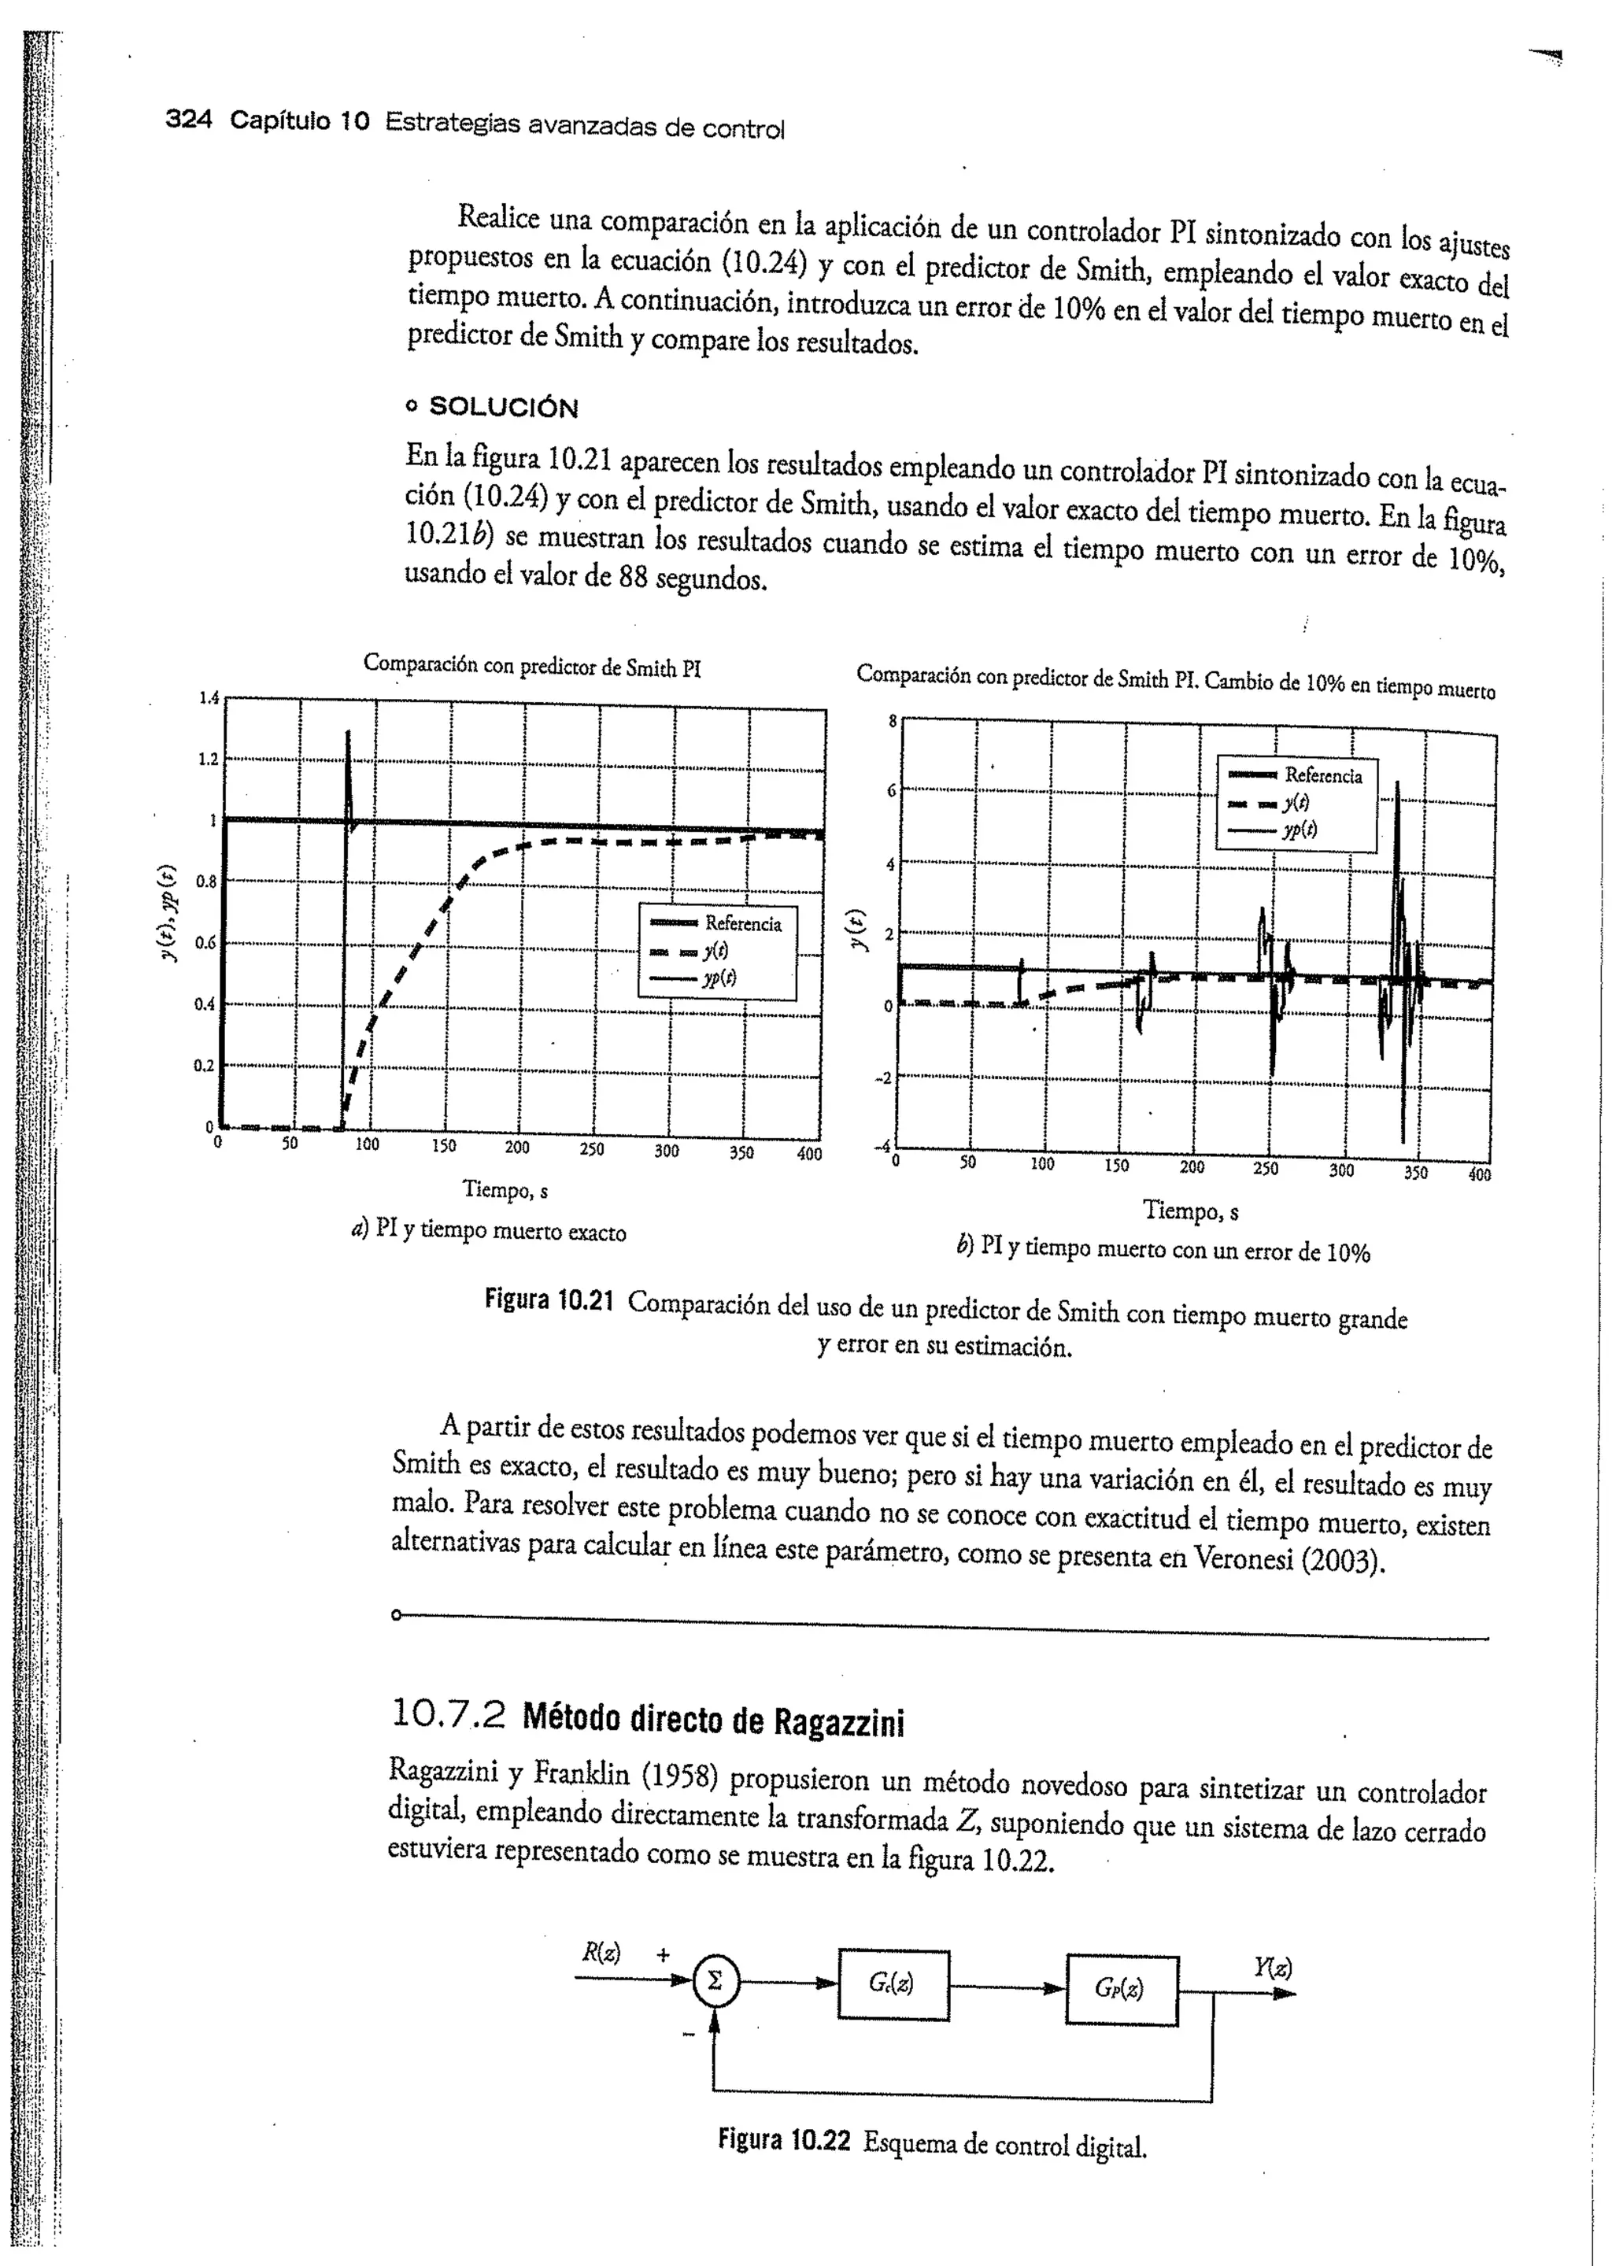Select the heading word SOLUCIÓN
click(502, 408)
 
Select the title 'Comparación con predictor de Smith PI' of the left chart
click(532, 665)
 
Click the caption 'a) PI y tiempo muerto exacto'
click(488, 1232)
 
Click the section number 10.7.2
click(449, 1714)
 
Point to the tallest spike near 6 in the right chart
click(1398, 786)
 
